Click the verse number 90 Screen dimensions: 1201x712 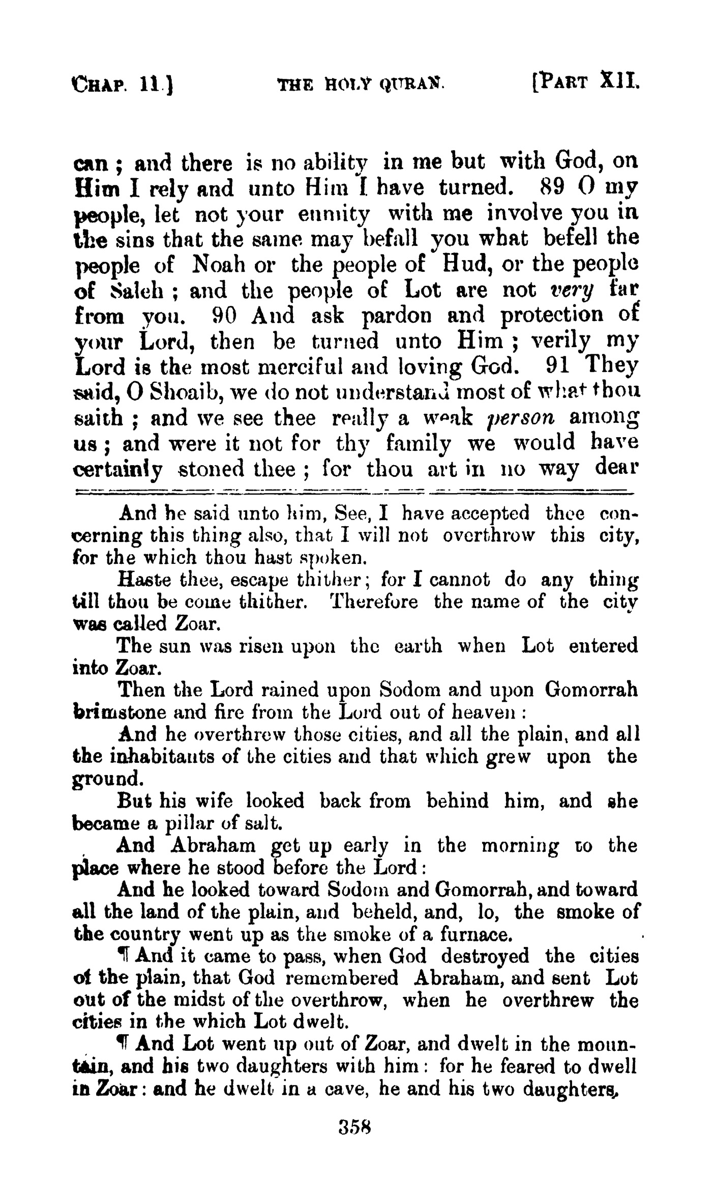pyautogui.click(x=223, y=316)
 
